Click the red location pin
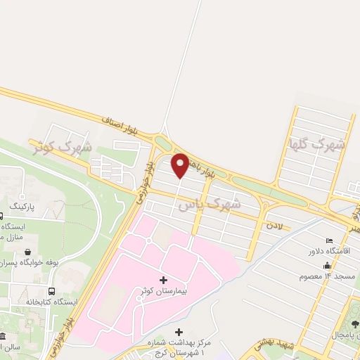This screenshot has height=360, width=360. tap(180, 165)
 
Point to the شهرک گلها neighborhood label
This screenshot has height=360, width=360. tap(318, 146)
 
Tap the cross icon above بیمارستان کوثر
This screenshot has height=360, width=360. tap(164, 281)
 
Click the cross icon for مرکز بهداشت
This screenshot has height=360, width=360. tap(179, 332)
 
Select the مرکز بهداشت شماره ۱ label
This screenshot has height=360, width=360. tap(179, 346)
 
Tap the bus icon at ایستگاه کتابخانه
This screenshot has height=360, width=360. tap(51, 291)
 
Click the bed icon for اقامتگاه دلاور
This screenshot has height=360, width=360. tap(330, 240)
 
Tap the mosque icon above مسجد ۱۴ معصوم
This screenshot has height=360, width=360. tap(327, 265)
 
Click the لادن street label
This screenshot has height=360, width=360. tap(274, 226)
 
